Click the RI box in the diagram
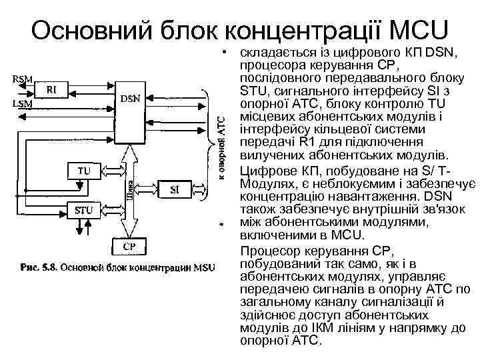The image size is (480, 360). [x=50, y=91]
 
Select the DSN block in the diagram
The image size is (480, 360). [x=130, y=99]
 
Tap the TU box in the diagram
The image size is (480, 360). [x=83, y=171]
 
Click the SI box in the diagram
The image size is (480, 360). [x=175, y=189]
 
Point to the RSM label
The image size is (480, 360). [x=22, y=79]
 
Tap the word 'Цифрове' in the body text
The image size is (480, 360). [x=265, y=171]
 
